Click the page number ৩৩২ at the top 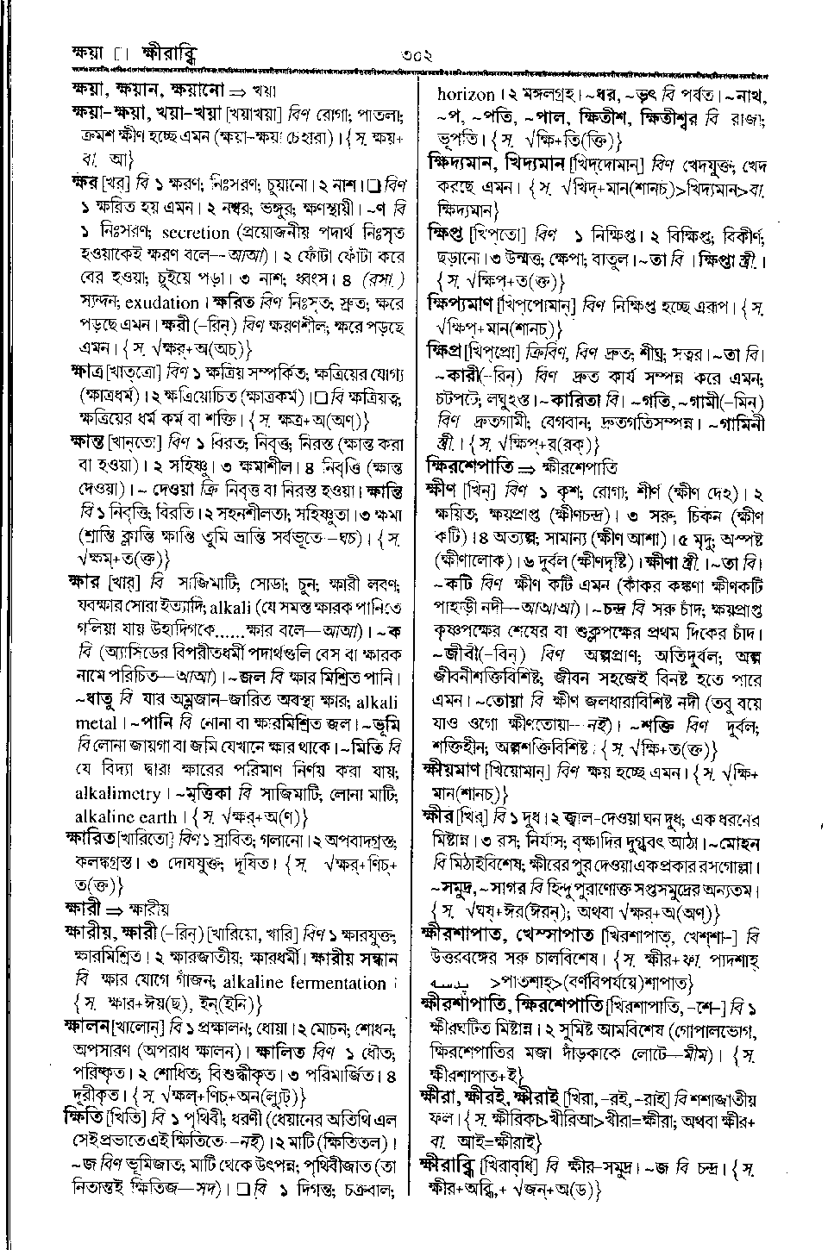tap(415, 56)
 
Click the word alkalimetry tap(118, 793)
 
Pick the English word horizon tap(467, 94)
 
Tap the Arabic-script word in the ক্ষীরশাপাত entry tap(458, 982)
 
